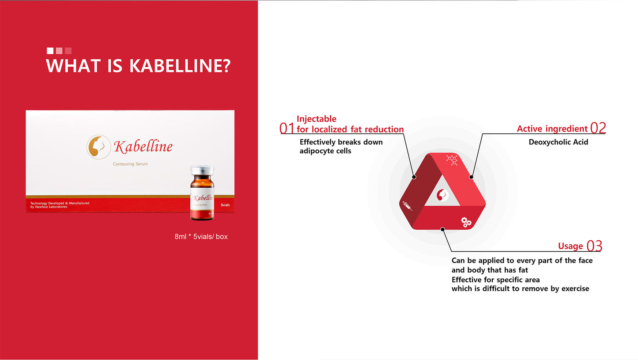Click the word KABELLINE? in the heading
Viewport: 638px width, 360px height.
tap(180, 66)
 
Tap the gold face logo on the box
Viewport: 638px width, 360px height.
tap(98, 146)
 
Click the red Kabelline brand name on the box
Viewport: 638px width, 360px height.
tap(143, 147)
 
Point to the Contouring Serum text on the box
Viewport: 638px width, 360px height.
tap(130, 164)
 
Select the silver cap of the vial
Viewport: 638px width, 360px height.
tap(202, 170)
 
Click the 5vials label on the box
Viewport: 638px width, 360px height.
tap(225, 205)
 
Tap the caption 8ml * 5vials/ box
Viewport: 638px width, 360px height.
tap(201, 237)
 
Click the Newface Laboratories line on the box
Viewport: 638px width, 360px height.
tap(49, 207)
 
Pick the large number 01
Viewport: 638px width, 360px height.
tap(287, 128)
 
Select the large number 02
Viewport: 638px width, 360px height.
tap(598, 128)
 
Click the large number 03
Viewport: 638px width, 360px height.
tap(594, 246)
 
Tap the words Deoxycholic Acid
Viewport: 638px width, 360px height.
tap(558, 142)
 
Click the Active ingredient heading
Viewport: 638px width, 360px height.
tap(552, 129)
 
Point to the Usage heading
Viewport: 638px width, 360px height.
tap(570, 246)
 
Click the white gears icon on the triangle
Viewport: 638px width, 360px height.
tap(466, 222)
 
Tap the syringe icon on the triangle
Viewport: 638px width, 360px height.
tap(407, 205)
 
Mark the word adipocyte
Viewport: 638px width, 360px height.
tap(316, 151)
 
